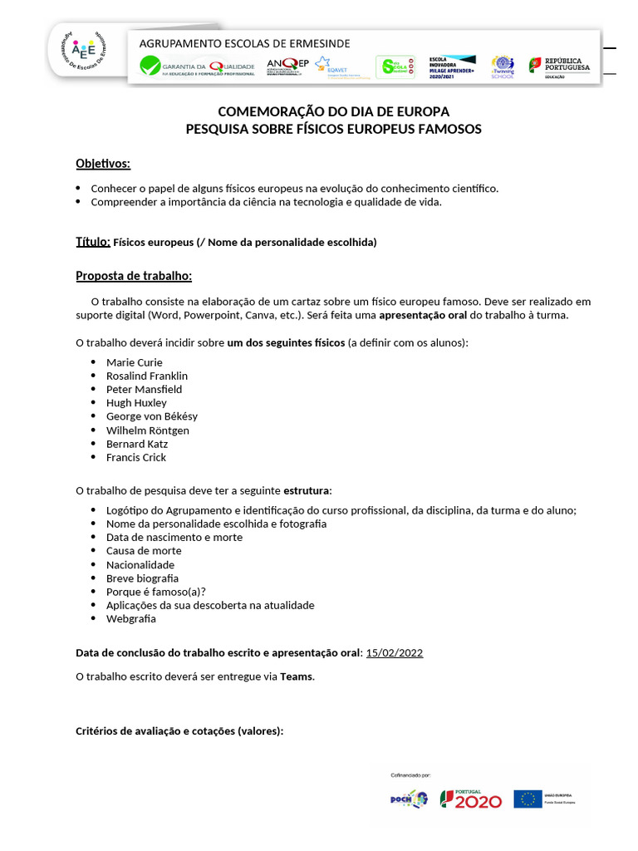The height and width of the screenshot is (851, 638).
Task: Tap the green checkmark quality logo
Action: pyautogui.click(x=150, y=66)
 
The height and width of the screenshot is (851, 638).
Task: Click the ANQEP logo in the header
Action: pyautogui.click(x=287, y=66)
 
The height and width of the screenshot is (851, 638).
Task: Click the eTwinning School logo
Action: pyautogui.click(x=503, y=66)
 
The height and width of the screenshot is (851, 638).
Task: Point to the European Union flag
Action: pyautogui.click(x=528, y=799)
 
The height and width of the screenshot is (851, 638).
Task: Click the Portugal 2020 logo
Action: pyautogui.click(x=471, y=799)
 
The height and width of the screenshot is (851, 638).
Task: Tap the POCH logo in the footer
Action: pyautogui.click(x=409, y=799)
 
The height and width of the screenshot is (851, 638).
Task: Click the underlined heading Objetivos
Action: pyautogui.click(x=103, y=163)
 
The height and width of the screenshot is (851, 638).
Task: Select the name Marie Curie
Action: pyautogui.click(x=135, y=362)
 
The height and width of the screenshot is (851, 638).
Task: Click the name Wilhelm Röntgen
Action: pyautogui.click(x=148, y=430)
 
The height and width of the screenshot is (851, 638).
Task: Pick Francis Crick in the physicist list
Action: pyautogui.click(x=136, y=458)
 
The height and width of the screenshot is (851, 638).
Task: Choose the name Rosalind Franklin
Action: pyautogui.click(x=147, y=376)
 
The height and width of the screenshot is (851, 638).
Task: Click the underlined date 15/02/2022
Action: pyautogui.click(x=394, y=652)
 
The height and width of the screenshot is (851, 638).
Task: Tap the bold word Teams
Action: pyautogui.click(x=297, y=676)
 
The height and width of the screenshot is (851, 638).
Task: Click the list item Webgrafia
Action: pyautogui.click(x=131, y=619)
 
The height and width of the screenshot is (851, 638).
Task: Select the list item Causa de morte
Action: pyautogui.click(x=144, y=551)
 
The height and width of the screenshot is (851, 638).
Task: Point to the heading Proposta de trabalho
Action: pyautogui.click(x=134, y=276)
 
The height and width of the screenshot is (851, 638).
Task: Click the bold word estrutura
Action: pyautogui.click(x=307, y=490)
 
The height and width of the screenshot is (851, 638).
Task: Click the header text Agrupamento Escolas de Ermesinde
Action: pyautogui.click(x=244, y=43)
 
